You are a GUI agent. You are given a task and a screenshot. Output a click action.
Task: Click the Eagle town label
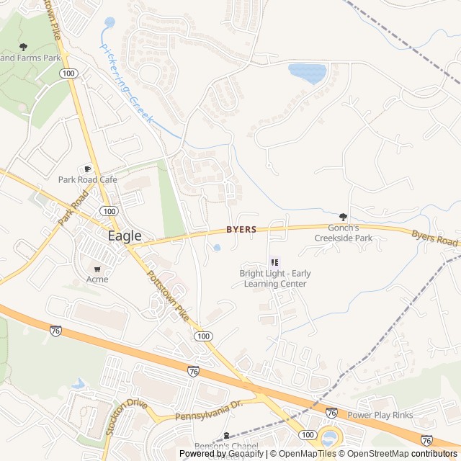[125, 236]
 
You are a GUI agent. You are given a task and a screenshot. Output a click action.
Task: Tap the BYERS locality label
[241, 230]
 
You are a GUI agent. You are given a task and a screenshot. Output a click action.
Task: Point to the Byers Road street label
[435, 238]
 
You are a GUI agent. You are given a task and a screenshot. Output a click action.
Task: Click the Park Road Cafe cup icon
[89, 169]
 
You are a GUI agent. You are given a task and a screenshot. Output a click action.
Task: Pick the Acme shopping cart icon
[97, 269]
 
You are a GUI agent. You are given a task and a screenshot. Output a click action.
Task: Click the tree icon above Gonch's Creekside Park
[343, 216]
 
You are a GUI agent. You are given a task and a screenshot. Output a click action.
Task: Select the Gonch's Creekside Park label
[343, 233]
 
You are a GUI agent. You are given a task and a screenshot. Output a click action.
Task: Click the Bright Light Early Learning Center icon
[273, 262]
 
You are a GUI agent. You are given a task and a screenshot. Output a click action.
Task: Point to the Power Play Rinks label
[380, 415]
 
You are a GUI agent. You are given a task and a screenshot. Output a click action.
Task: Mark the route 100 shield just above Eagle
[109, 211]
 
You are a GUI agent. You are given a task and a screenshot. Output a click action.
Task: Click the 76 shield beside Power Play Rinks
[331, 413]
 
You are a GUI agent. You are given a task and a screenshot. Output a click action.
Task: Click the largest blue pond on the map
[308, 73]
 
